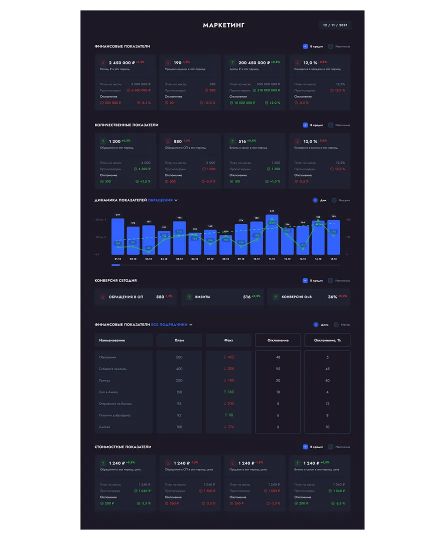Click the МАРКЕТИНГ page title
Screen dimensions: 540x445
(223, 25)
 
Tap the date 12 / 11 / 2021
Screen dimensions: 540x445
(335, 25)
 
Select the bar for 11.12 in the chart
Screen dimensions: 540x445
(272, 235)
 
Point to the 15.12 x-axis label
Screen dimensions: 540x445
(333, 259)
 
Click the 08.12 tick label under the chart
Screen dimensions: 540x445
(225, 259)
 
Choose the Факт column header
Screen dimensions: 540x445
(228, 340)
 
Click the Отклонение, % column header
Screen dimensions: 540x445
(327, 340)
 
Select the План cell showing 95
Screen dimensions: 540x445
(179, 404)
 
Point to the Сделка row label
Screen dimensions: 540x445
(104, 427)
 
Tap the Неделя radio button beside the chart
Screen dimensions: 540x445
(334, 200)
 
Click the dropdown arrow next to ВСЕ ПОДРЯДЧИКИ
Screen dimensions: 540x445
(191, 325)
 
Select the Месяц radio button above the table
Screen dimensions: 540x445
(336, 325)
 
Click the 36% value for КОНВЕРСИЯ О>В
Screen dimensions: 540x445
(332, 297)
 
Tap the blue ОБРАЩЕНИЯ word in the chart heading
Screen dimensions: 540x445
(160, 200)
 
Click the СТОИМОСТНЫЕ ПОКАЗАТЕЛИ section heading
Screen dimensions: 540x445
(122, 447)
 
